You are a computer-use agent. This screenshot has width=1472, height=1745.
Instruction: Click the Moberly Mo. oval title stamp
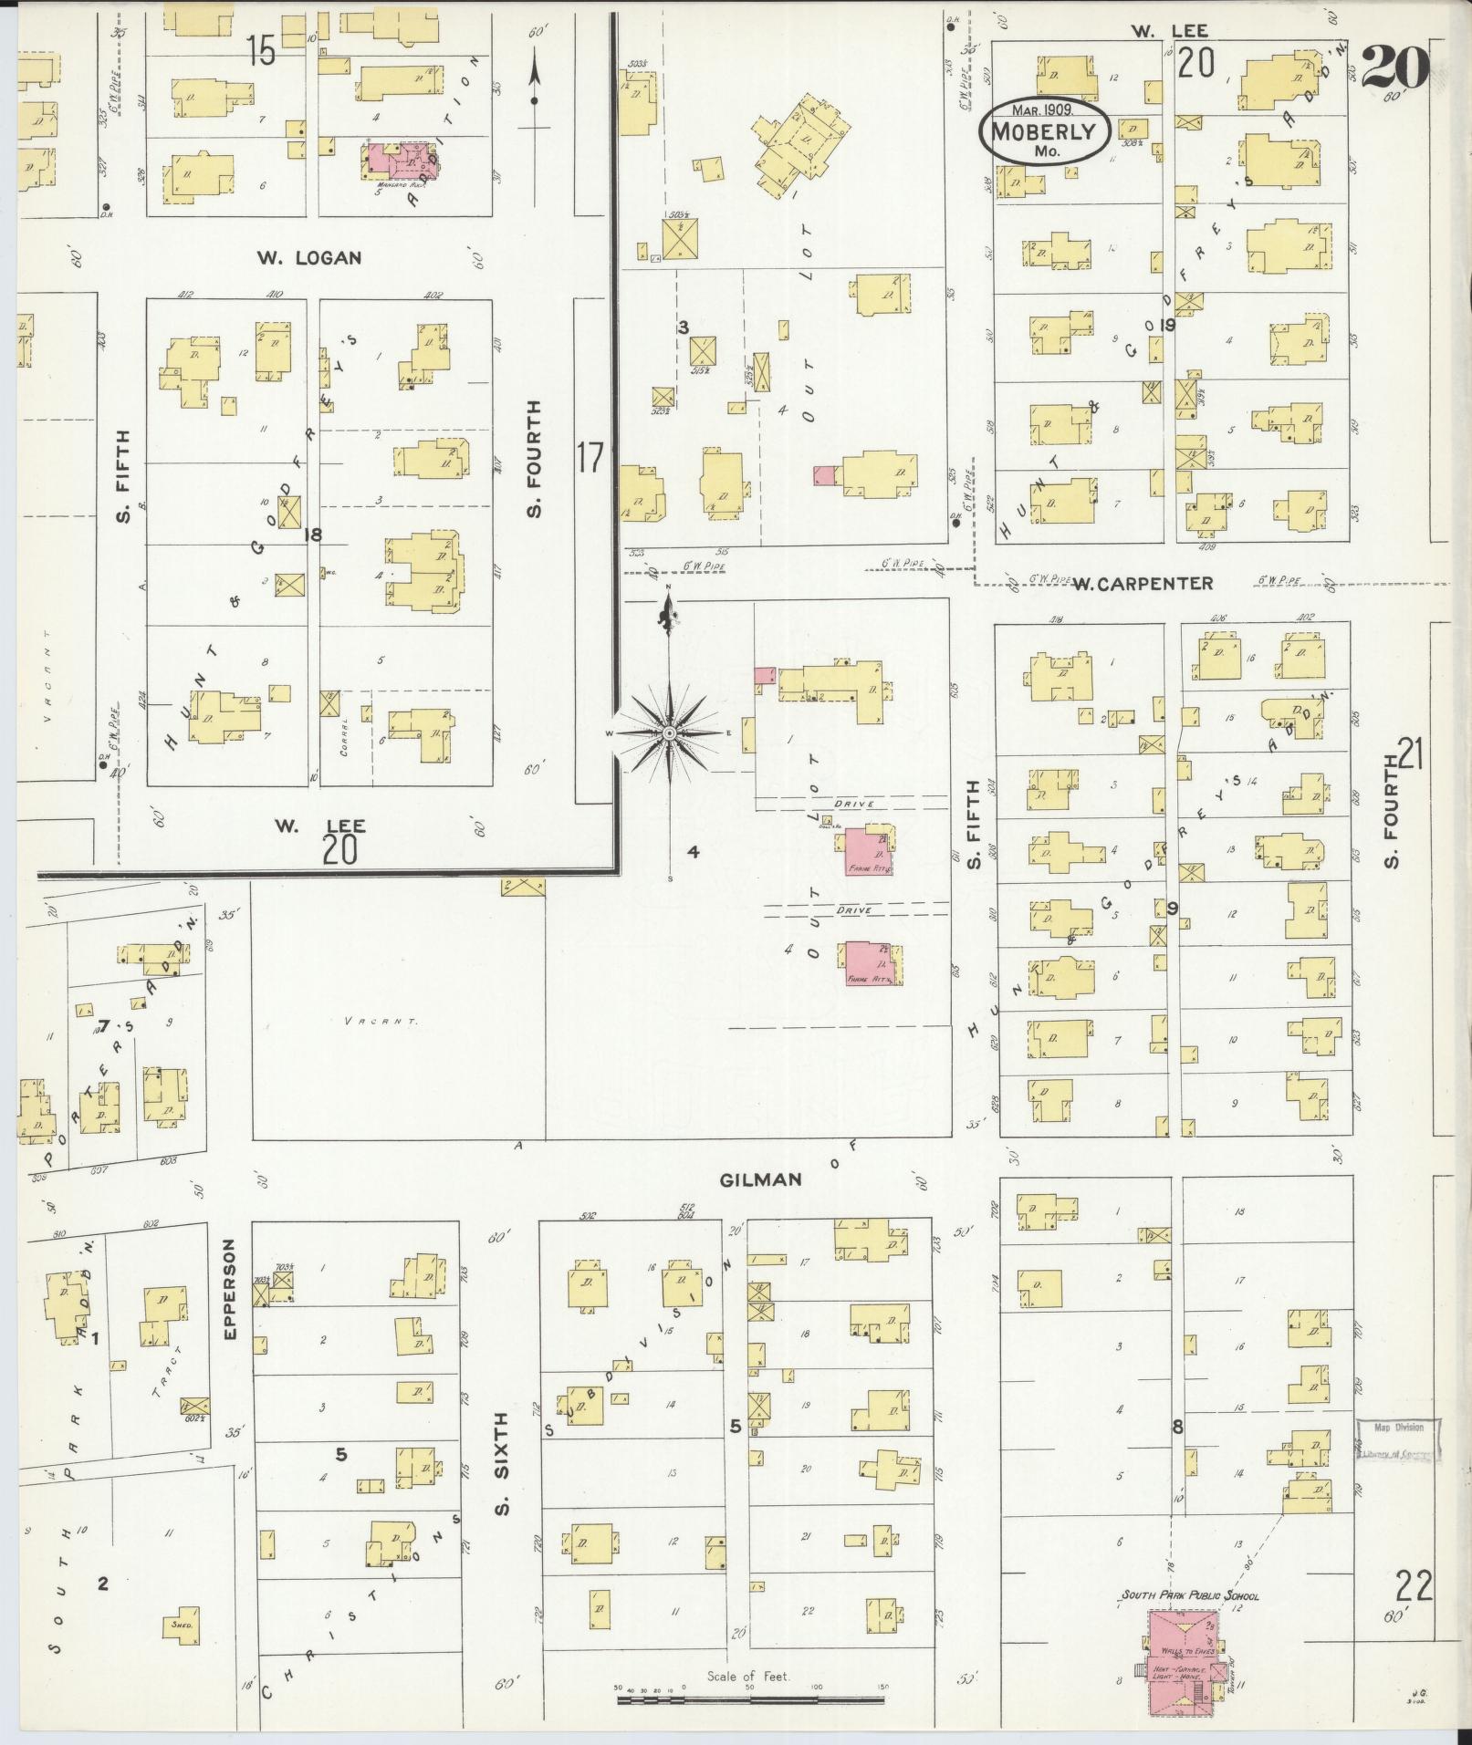pyautogui.click(x=1045, y=133)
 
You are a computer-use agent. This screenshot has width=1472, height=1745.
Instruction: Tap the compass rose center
pyautogui.click(x=669, y=732)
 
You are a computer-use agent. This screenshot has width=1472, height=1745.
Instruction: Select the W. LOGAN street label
pyautogui.click(x=308, y=258)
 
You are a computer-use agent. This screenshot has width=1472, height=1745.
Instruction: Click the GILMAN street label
pyautogui.click(x=760, y=1179)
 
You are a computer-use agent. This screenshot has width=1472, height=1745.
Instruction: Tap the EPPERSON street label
pyautogui.click(x=230, y=1288)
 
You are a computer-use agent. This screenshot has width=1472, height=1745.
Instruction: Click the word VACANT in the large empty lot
pyautogui.click(x=381, y=1021)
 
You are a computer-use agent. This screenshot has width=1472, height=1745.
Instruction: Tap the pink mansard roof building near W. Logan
pyautogui.click(x=402, y=161)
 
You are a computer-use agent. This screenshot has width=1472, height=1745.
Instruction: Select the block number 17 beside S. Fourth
pyautogui.click(x=590, y=457)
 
